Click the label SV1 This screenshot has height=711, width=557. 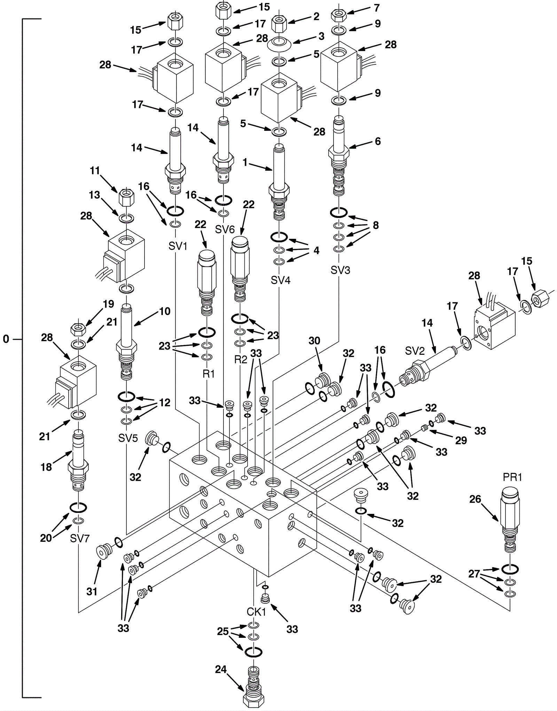pyautogui.click(x=178, y=246)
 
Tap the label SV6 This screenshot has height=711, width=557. pyautogui.click(x=225, y=229)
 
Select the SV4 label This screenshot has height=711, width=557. pyautogui.click(x=281, y=280)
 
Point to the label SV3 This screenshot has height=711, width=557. pyautogui.click(x=340, y=270)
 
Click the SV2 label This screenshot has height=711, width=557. pyautogui.click(x=415, y=351)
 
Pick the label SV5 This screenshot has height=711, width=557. pyautogui.click(x=128, y=438)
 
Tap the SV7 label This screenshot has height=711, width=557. pyautogui.click(x=80, y=538)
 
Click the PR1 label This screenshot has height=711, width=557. pyautogui.click(x=512, y=477)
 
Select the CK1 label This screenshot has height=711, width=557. pyautogui.click(x=256, y=612)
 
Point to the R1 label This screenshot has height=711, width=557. pyautogui.click(x=209, y=374)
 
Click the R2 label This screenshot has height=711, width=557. pyautogui.click(x=241, y=359)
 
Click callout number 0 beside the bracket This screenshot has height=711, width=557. pyautogui.click(x=6, y=339)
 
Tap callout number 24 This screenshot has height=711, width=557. pyautogui.click(x=221, y=669)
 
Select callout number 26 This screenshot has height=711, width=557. pyautogui.click(x=475, y=499)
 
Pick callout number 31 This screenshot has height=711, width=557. pyautogui.click(x=92, y=591)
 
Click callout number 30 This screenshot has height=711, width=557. pyautogui.click(x=314, y=341)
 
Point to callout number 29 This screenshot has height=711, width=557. pyautogui.click(x=461, y=440)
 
